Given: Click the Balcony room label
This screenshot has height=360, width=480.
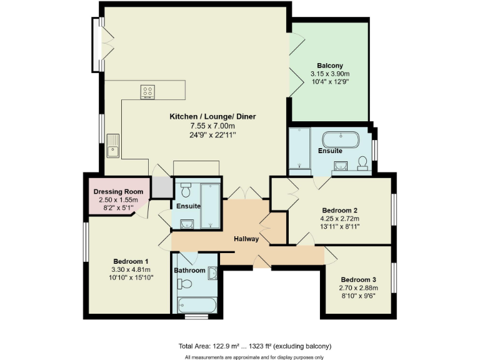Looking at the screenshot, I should (329, 66).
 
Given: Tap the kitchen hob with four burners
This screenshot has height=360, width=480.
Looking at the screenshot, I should (148, 91).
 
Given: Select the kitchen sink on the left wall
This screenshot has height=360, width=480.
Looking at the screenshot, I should (113, 144).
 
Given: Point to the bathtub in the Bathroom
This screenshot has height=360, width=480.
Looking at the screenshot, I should (196, 306).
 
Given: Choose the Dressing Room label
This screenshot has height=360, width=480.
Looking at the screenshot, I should (118, 191).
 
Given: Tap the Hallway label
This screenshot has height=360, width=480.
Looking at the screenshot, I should (246, 239).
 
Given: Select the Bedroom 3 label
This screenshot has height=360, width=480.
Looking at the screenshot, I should (359, 279).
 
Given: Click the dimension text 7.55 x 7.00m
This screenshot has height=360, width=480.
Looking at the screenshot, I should (212, 126).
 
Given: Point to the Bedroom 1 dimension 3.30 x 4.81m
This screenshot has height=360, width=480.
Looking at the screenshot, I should (131, 269).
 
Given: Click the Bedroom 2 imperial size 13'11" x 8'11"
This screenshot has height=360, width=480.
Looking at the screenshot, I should (340, 227).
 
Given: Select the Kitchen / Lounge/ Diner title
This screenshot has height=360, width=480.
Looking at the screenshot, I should (212, 116).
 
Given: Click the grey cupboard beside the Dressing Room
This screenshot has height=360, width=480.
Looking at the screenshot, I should (161, 187).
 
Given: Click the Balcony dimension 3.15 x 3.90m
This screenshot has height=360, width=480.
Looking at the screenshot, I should (329, 74).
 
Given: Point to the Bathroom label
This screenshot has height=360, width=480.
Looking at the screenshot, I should (189, 271).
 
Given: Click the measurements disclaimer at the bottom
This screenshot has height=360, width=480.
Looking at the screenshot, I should (254, 357).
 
